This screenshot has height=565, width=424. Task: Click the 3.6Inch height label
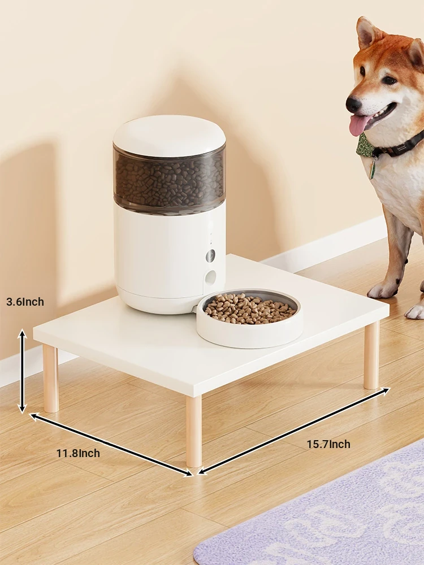(x=25, y=302)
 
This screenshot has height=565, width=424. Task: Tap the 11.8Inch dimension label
(x=78, y=453)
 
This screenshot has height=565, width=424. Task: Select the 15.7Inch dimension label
(x=328, y=444)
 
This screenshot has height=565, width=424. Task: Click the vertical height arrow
(x=23, y=371)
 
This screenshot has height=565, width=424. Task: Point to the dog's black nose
(x=353, y=104)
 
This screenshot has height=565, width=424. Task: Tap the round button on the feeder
(x=210, y=256)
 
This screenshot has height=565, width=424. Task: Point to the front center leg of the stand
(x=194, y=431)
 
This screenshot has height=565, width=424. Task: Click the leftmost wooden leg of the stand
(x=51, y=379)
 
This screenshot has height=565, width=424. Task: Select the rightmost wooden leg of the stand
(x=371, y=355)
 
